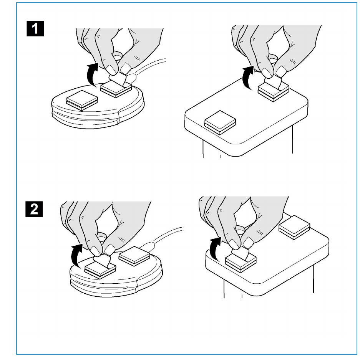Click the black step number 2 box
37,208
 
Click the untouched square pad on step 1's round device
81,101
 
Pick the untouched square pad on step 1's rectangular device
219,123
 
